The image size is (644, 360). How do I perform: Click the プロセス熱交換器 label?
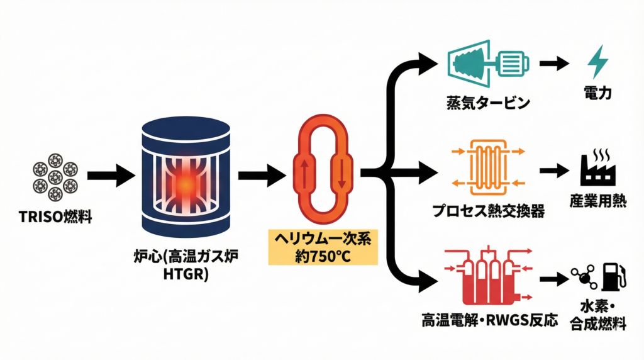pyautogui.click(x=488, y=210)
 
